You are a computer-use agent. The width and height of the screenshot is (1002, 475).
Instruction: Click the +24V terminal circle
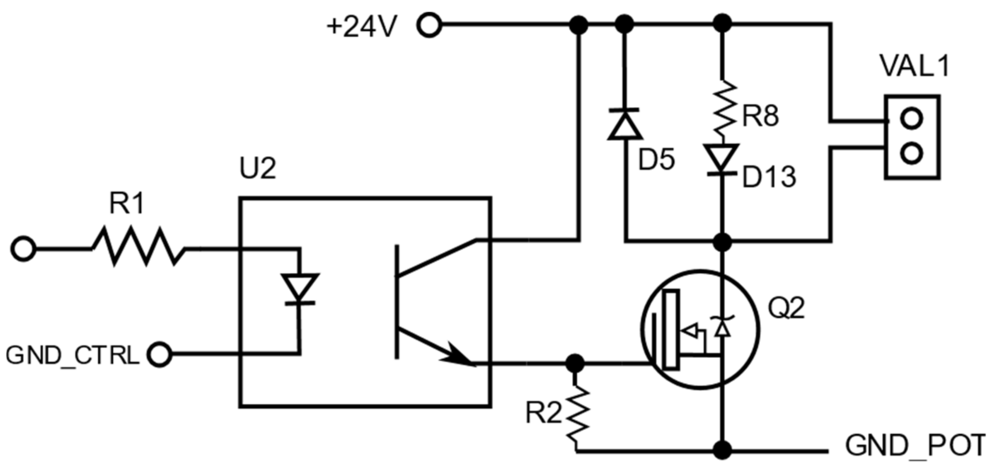(429, 25)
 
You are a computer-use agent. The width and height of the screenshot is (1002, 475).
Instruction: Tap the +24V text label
(362, 27)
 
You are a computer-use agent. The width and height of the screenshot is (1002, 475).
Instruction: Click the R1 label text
(127, 204)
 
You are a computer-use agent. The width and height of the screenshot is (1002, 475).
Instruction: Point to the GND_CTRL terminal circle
(160, 354)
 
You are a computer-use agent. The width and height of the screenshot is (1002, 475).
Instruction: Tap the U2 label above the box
(257, 168)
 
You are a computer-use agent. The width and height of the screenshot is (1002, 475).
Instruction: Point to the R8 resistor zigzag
(724, 107)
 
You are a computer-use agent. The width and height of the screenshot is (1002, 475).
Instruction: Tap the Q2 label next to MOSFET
(786, 308)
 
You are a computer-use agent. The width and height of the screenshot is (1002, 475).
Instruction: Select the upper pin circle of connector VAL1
(911, 119)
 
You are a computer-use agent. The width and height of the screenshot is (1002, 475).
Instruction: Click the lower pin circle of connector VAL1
(911, 153)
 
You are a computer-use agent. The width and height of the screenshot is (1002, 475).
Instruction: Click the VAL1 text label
(914, 66)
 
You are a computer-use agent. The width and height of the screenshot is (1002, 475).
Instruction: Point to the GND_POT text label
(915, 446)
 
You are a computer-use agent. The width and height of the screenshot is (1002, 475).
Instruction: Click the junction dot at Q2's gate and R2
(575, 364)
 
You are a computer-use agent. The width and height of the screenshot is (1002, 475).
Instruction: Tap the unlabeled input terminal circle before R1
(23, 249)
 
